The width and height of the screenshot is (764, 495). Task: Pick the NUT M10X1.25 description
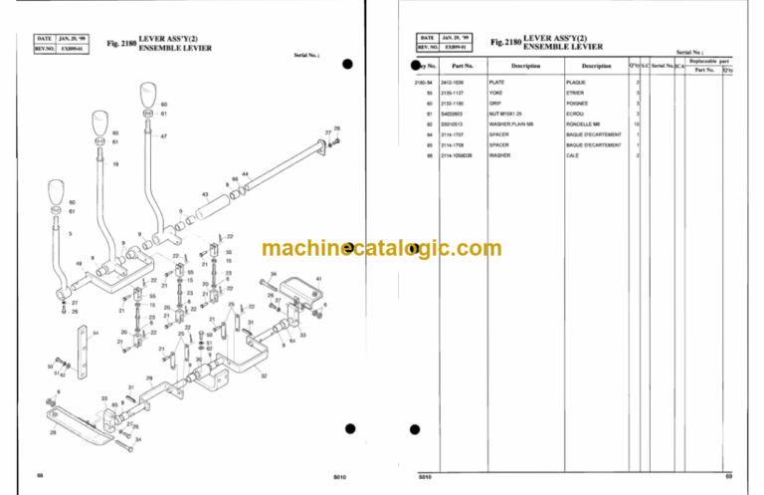(x=504, y=114)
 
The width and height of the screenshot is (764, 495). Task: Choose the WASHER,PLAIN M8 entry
(x=509, y=124)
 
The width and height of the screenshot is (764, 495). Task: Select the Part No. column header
(x=464, y=66)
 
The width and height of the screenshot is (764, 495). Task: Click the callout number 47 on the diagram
(x=163, y=136)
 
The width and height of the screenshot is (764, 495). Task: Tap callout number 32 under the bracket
(x=263, y=376)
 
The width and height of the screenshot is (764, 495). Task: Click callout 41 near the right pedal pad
(x=318, y=279)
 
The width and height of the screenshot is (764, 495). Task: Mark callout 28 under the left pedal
(x=54, y=432)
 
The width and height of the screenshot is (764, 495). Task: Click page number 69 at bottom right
(x=728, y=480)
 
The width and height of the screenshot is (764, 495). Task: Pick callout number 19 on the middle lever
(x=115, y=163)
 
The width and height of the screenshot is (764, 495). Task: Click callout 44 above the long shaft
(x=244, y=174)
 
